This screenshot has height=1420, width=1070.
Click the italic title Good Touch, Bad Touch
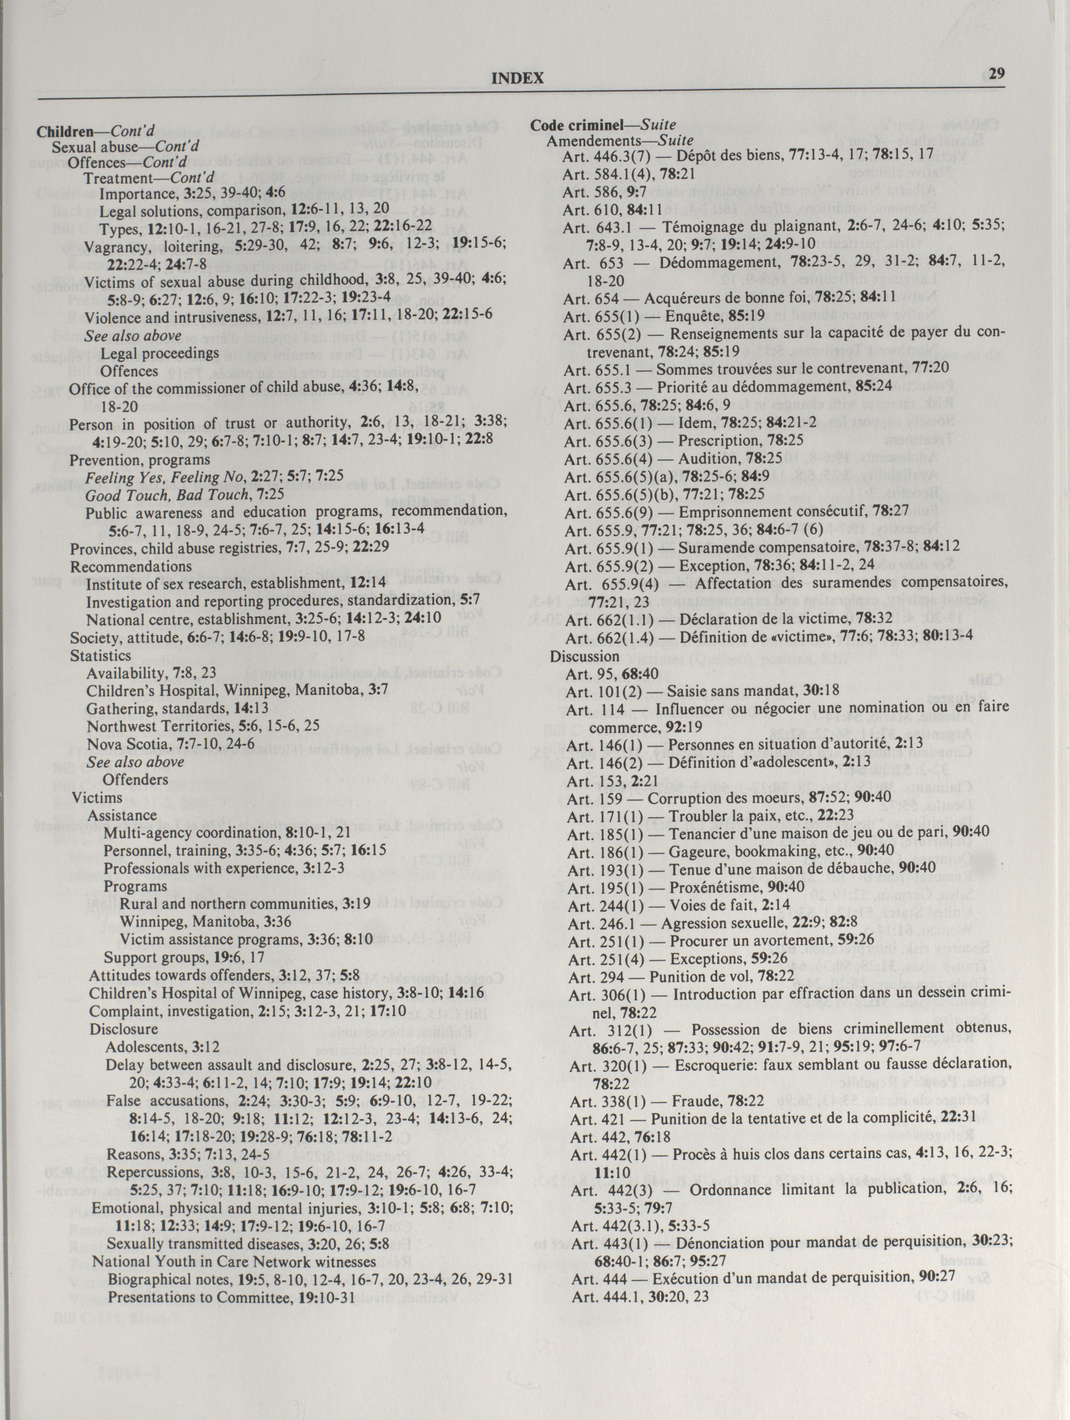(x=166, y=495)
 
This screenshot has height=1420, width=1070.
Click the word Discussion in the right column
(x=584, y=656)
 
